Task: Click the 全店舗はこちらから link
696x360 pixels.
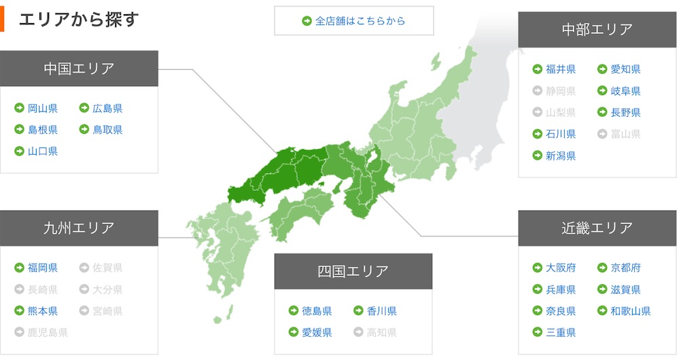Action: [360, 20]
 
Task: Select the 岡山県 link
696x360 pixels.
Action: [42, 108]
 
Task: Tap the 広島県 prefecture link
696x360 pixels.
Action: [107, 108]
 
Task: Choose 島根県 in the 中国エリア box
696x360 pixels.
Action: [42, 130]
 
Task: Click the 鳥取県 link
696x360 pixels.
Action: [107, 130]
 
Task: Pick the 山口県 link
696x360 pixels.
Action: [42, 151]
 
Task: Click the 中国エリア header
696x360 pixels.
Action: [79, 68]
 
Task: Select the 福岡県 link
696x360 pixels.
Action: [42, 268]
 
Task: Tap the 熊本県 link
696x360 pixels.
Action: [42, 311]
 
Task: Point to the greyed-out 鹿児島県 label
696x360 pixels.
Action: [48, 333]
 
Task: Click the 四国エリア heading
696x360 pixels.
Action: [353, 271]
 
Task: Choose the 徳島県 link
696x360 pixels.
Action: [317, 311]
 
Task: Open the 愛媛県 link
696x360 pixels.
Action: [317, 333]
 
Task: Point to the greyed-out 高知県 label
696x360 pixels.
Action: [382, 333]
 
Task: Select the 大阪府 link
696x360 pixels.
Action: [561, 268]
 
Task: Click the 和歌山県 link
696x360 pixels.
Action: [631, 311]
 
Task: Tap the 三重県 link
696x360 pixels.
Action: [561, 333]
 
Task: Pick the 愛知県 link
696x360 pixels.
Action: [625, 69]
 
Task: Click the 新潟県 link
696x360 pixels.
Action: [561, 156]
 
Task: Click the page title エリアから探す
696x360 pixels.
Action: [78, 19]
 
